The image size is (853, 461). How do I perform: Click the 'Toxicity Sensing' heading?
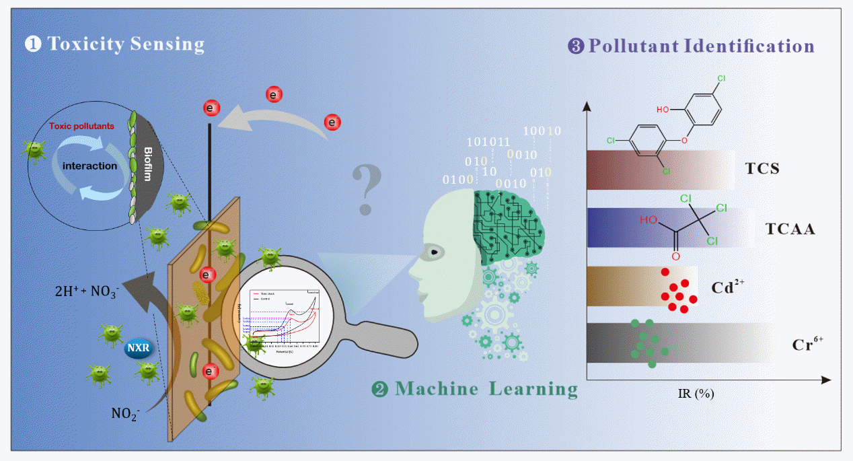click(124, 45)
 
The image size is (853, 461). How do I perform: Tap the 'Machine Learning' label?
click(485, 388)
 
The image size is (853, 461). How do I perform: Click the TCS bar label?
click(762, 168)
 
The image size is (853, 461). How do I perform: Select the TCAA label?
click(790, 229)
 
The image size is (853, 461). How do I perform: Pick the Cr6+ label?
click(807, 345)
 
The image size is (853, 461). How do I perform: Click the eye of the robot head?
click(436, 252)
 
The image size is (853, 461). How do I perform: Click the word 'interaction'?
click(89, 165)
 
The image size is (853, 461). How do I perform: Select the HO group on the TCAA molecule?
click(647, 220)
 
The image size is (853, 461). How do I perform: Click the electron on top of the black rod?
click(211, 108)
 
